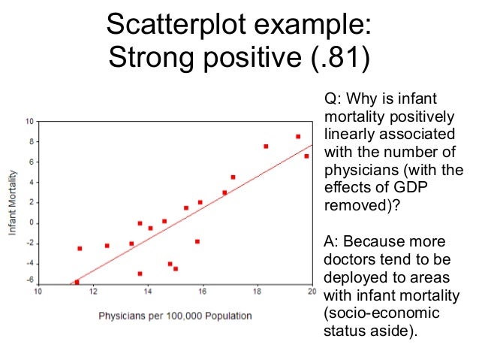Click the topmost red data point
click(298, 137)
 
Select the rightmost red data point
click(306, 156)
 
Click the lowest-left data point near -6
click(77, 282)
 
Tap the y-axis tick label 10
click(30, 121)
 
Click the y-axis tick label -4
click(31, 263)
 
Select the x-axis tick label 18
click(258, 292)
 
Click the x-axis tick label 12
click(93, 292)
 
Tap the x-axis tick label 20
click(311, 292)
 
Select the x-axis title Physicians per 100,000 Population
click(175, 316)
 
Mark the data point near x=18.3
click(266, 147)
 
